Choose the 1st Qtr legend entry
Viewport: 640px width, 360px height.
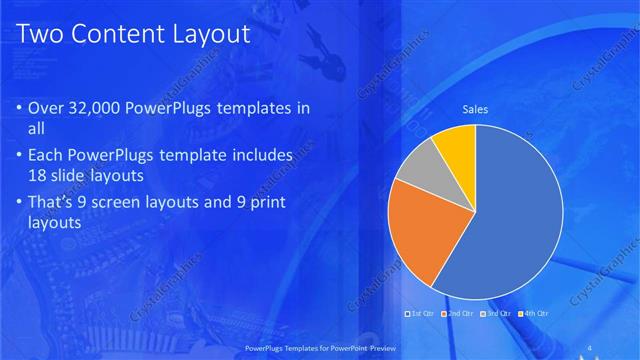(x=421, y=313)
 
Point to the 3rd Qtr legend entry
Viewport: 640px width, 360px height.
(x=496, y=313)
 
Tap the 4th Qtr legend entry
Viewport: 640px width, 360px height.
(x=534, y=313)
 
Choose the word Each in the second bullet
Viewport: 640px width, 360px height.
(x=49, y=157)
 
